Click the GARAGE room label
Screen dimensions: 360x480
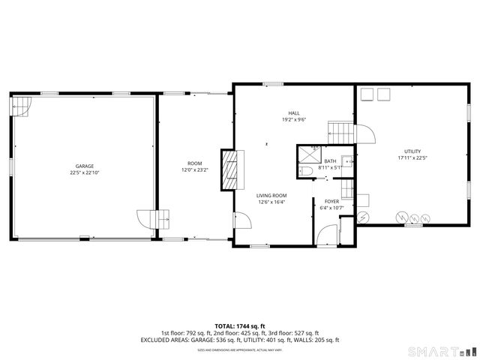(x=84, y=166)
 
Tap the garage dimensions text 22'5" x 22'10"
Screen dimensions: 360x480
(x=84, y=172)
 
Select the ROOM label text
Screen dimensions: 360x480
(x=195, y=163)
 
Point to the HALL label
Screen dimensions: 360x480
(x=294, y=112)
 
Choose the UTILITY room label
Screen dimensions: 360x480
(x=412, y=151)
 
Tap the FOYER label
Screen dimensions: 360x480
(x=331, y=202)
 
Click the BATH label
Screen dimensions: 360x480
(x=330, y=161)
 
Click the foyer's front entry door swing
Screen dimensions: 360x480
(x=328, y=236)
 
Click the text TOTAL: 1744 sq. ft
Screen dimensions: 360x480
(x=240, y=325)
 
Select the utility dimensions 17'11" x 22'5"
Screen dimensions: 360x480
(x=412, y=158)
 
